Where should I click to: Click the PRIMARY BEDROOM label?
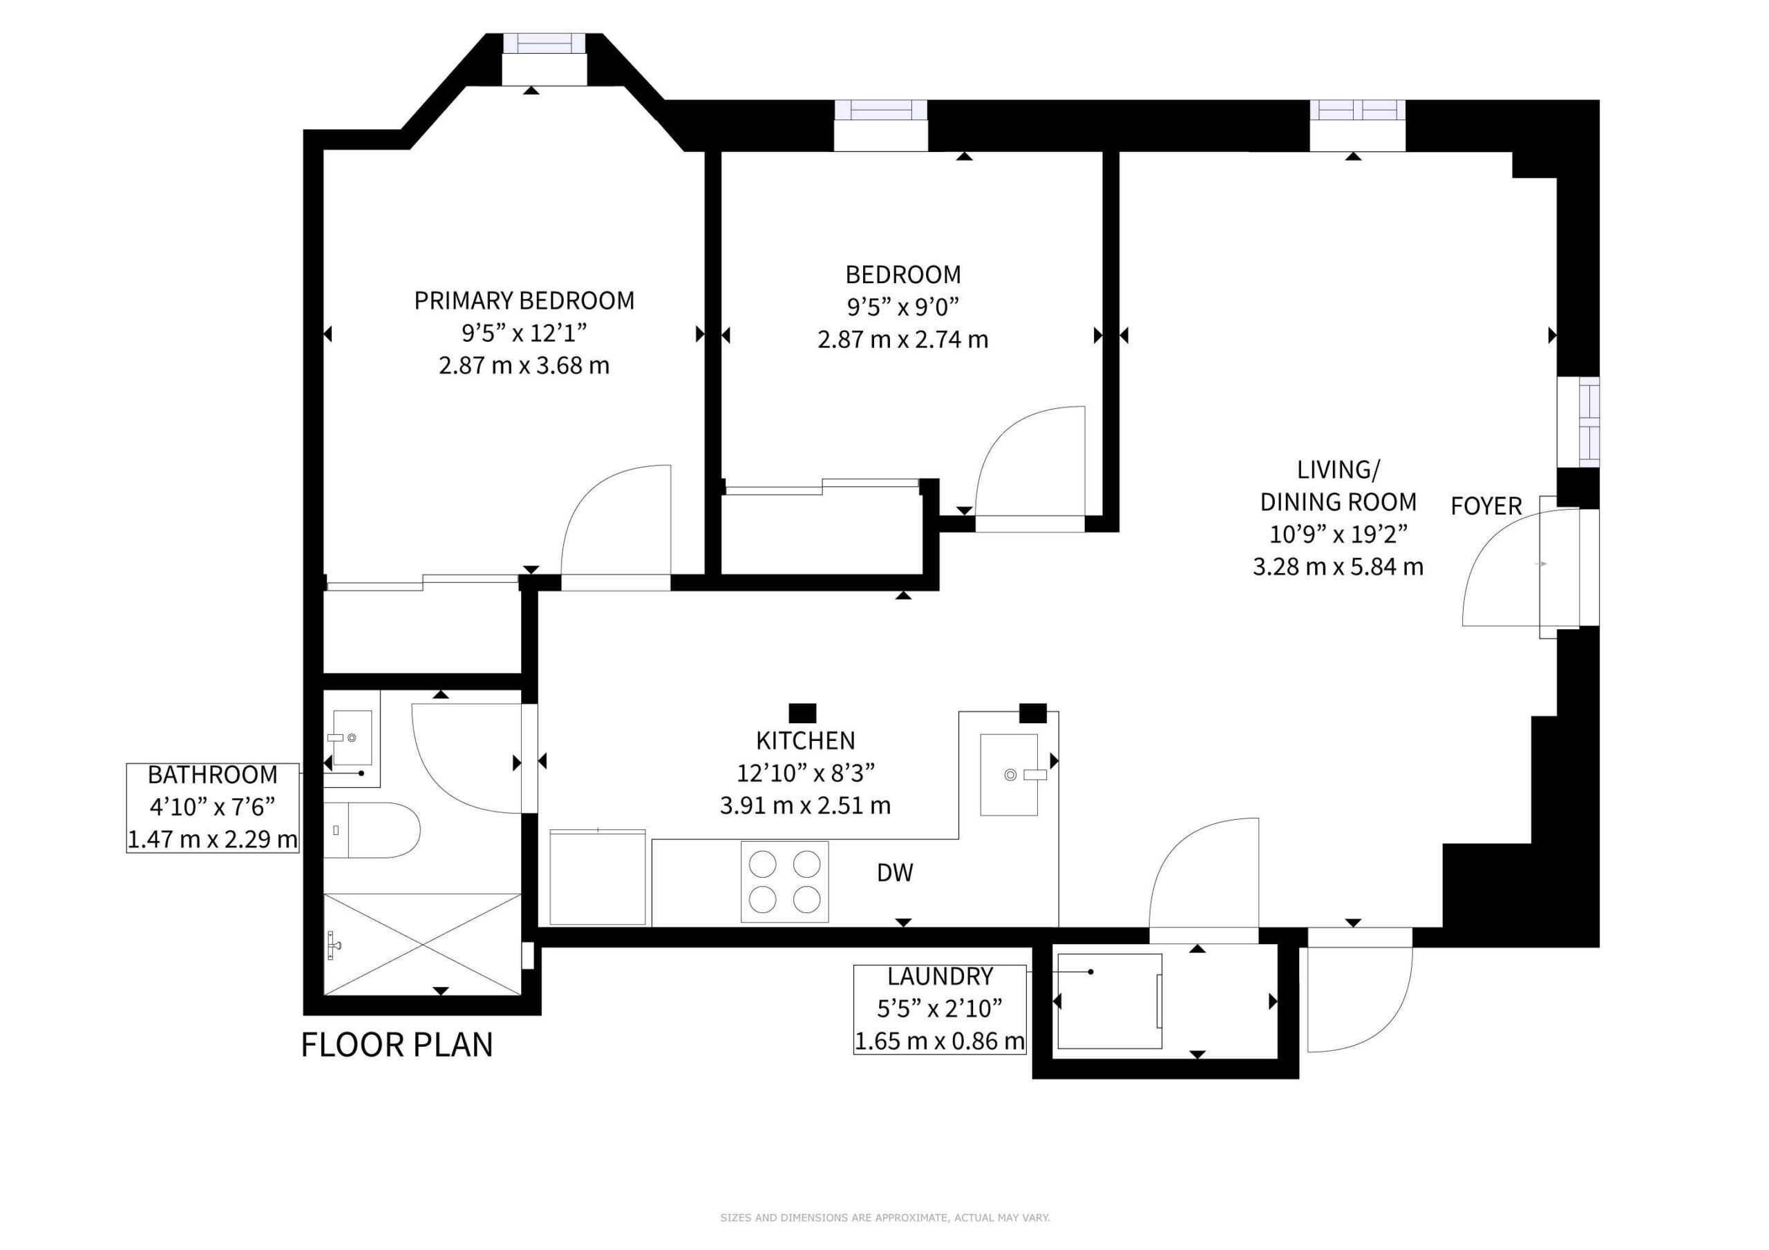pyautogui.click(x=524, y=300)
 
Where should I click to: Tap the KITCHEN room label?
pyautogui.click(x=805, y=740)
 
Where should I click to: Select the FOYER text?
pyautogui.click(x=1486, y=506)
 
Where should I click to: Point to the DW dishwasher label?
pyautogui.click(x=894, y=873)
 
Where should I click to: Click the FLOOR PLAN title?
pyautogui.click(x=397, y=1045)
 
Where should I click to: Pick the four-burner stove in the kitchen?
pyautogui.click(x=784, y=882)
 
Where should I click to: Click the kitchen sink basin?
pyautogui.click(x=1010, y=775)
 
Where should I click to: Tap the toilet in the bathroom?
pyautogui.click(x=371, y=830)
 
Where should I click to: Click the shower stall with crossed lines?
pyautogui.click(x=422, y=944)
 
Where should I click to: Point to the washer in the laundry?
pyautogui.click(x=1110, y=1001)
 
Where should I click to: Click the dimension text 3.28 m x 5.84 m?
pyautogui.click(x=1338, y=568)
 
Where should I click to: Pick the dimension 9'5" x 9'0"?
pyautogui.click(x=903, y=307)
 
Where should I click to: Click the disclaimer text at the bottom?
pyautogui.click(x=884, y=1218)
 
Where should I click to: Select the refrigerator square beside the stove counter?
pyautogui.click(x=598, y=877)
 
